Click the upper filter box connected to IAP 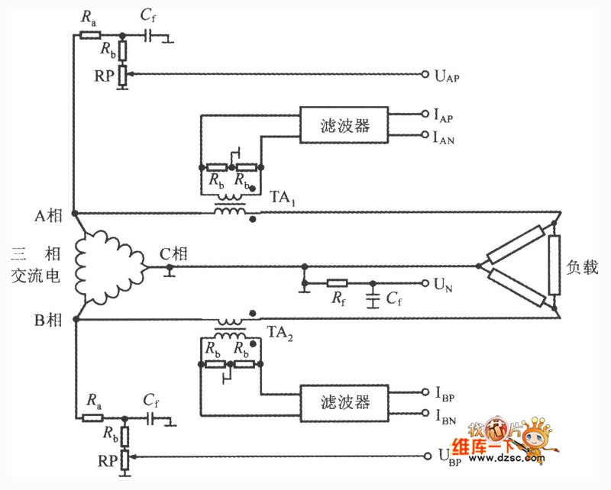pos(344,124)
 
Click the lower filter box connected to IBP pos(344,403)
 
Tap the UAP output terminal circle pos(425,74)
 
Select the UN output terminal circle pos(425,283)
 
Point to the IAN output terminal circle pos(425,135)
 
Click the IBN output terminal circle pos(425,413)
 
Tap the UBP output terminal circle pos(427,456)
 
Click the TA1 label pos(283,198)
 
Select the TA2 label pos(280,334)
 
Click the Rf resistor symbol pos(337,283)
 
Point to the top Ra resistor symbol pos(90,35)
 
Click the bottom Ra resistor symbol pos(92,418)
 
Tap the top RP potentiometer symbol pos(122,76)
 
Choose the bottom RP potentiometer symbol pos(124,459)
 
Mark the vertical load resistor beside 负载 pos(554,265)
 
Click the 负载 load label pos(582,267)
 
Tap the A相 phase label pos(48,215)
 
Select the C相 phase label pos(174,254)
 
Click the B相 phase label pos(48,320)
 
